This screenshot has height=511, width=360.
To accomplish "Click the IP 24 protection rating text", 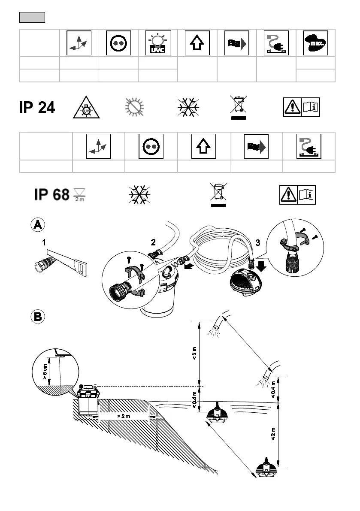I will click(37, 107).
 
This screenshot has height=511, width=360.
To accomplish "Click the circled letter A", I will click(38, 225).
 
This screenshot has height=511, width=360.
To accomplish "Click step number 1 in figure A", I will click(44, 242).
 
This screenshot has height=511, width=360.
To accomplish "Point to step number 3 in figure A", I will click(257, 242).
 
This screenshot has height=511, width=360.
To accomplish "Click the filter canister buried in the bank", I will click(88, 399).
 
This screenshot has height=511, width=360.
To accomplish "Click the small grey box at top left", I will click(32, 18).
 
